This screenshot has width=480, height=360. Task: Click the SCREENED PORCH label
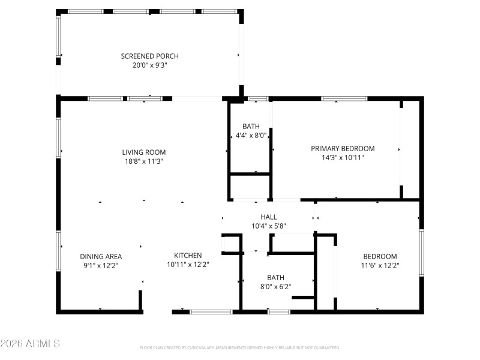click(x=150, y=56)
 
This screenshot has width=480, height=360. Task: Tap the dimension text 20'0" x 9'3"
click(x=150, y=65)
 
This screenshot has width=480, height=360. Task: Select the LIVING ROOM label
click(x=144, y=152)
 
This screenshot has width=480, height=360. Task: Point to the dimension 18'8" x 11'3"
click(x=144, y=161)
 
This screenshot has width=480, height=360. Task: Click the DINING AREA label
click(x=101, y=256)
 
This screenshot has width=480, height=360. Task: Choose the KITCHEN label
click(x=188, y=255)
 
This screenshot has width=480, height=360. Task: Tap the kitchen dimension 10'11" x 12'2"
click(x=188, y=265)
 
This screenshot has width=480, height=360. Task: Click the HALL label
click(x=269, y=217)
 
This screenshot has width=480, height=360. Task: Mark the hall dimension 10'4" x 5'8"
click(x=269, y=227)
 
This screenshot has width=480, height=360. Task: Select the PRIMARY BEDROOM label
click(x=343, y=148)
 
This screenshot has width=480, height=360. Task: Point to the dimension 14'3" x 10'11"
click(x=343, y=158)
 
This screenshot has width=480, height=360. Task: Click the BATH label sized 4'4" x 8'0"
click(x=251, y=127)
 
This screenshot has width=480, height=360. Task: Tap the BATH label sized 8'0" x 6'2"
click(x=275, y=278)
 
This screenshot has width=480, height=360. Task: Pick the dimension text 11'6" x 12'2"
click(x=379, y=265)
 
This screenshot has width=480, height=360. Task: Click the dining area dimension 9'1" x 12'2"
click(x=101, y=265)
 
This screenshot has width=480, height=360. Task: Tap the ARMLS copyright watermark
click(x=30, y=344)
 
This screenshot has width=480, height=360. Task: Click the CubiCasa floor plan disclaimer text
click(x=240, y=347)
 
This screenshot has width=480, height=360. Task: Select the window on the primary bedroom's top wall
click(x=344, y=98)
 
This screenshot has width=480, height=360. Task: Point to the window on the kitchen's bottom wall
click(x=211, y=311)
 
